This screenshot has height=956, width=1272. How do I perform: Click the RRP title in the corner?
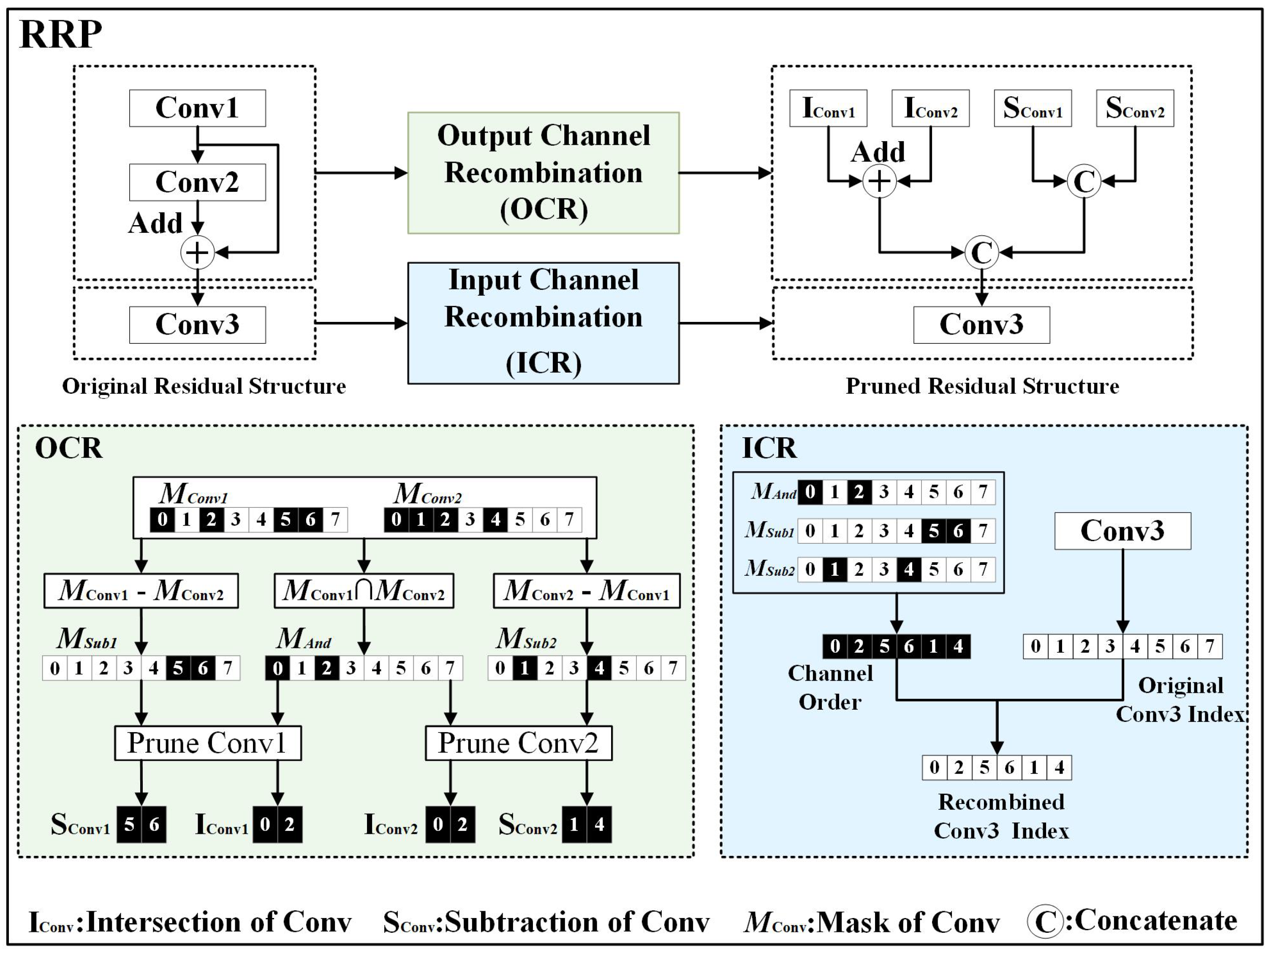click(x=60, y=35)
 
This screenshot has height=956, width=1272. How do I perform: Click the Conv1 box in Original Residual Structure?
click(x=197, y=108)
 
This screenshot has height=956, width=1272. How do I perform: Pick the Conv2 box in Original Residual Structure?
click(x=197, y=182)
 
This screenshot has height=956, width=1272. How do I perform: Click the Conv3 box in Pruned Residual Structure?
click(x=981, y=325)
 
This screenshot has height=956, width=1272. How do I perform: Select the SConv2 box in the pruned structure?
click(x=1135, y=108)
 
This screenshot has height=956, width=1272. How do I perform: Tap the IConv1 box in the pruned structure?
click(x=828, y=108)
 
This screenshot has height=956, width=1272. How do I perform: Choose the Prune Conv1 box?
click(x=207, y=743)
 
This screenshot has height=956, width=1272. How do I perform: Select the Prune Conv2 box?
click(x=518, y=743)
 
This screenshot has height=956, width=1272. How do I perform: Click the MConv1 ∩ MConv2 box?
click(x=364, y=590)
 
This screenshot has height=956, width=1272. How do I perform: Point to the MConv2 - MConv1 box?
click(x=586, y=590)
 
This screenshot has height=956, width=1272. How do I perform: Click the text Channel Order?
click(x=830, y=687)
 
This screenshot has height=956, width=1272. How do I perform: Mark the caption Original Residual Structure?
click(x=204, y=386)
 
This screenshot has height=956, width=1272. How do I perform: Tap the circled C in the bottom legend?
click(x=1044, y=921)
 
